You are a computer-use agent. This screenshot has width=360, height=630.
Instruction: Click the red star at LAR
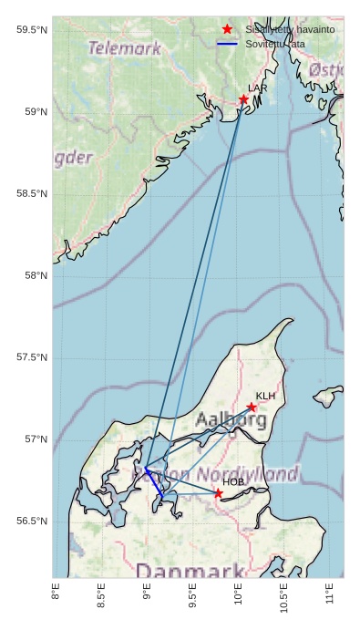pos(243,99)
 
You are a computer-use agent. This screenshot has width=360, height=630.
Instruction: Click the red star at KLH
pos(251,408)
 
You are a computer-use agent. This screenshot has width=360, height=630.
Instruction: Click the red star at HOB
pos(219,493)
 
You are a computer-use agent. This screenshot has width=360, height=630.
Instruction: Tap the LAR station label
pos(258,88)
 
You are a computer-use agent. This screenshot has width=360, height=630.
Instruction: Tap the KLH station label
pos(265,396)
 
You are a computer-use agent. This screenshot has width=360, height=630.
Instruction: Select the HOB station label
pos(233,481)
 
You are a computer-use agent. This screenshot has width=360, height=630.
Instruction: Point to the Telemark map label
pos(124,48)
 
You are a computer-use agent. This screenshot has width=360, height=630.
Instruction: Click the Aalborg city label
pos(231,420)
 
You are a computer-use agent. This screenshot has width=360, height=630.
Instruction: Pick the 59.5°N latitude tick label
pos(32,30)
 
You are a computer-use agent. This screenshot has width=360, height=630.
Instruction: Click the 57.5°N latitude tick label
pos(32,357)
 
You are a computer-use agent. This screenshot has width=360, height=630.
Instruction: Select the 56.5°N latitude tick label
pos(32,521)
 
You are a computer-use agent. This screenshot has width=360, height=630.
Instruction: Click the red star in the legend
pos(228,29)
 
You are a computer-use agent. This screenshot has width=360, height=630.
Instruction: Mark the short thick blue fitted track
pos(154,481)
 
